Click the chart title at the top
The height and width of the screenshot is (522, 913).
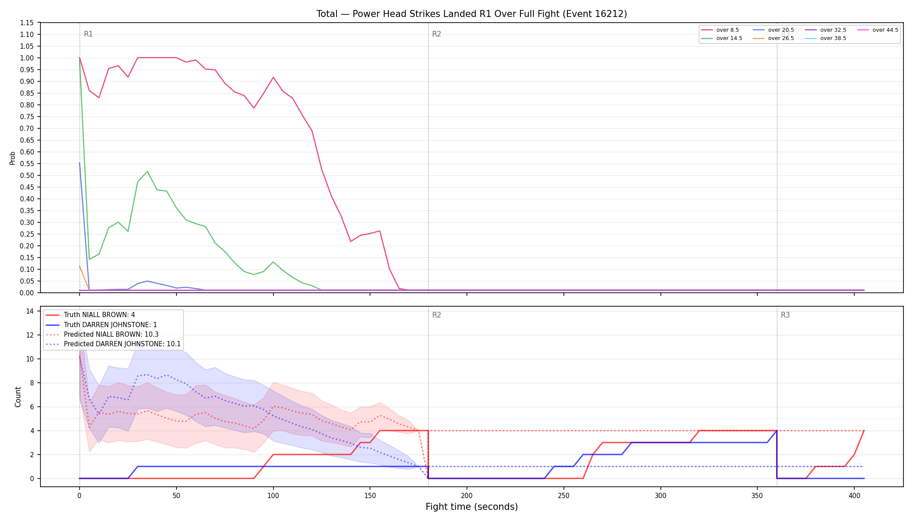tap(472, 14)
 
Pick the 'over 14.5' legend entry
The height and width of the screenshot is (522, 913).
tap(721, 38)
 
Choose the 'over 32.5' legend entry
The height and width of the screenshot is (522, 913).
tap(825, 30)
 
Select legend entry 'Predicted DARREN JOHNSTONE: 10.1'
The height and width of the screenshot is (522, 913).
tap(113, 344)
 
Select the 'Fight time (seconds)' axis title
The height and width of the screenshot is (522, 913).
tap(472, 507)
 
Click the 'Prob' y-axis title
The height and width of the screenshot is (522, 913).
tap(13, 158)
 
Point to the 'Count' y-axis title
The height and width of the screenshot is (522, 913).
tap(18, 397)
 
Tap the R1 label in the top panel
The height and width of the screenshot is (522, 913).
tap(88, 34)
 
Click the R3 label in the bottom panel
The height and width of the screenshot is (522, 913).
tap(785, 315)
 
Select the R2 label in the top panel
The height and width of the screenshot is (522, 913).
tap(437, 34)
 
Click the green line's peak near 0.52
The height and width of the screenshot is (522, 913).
tap(147, 171)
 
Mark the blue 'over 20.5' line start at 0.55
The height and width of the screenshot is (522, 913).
tap(80, 163)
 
